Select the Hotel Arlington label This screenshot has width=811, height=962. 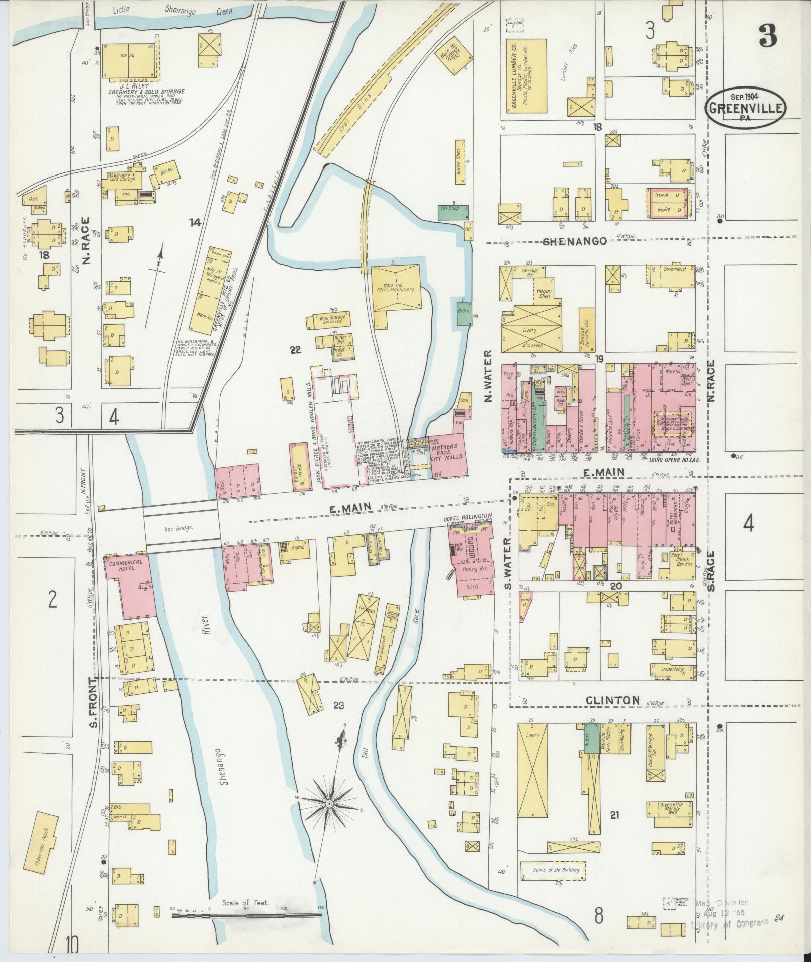point(467,518)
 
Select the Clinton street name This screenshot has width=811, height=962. point(612,699)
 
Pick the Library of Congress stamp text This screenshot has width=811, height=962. point(730,922)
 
